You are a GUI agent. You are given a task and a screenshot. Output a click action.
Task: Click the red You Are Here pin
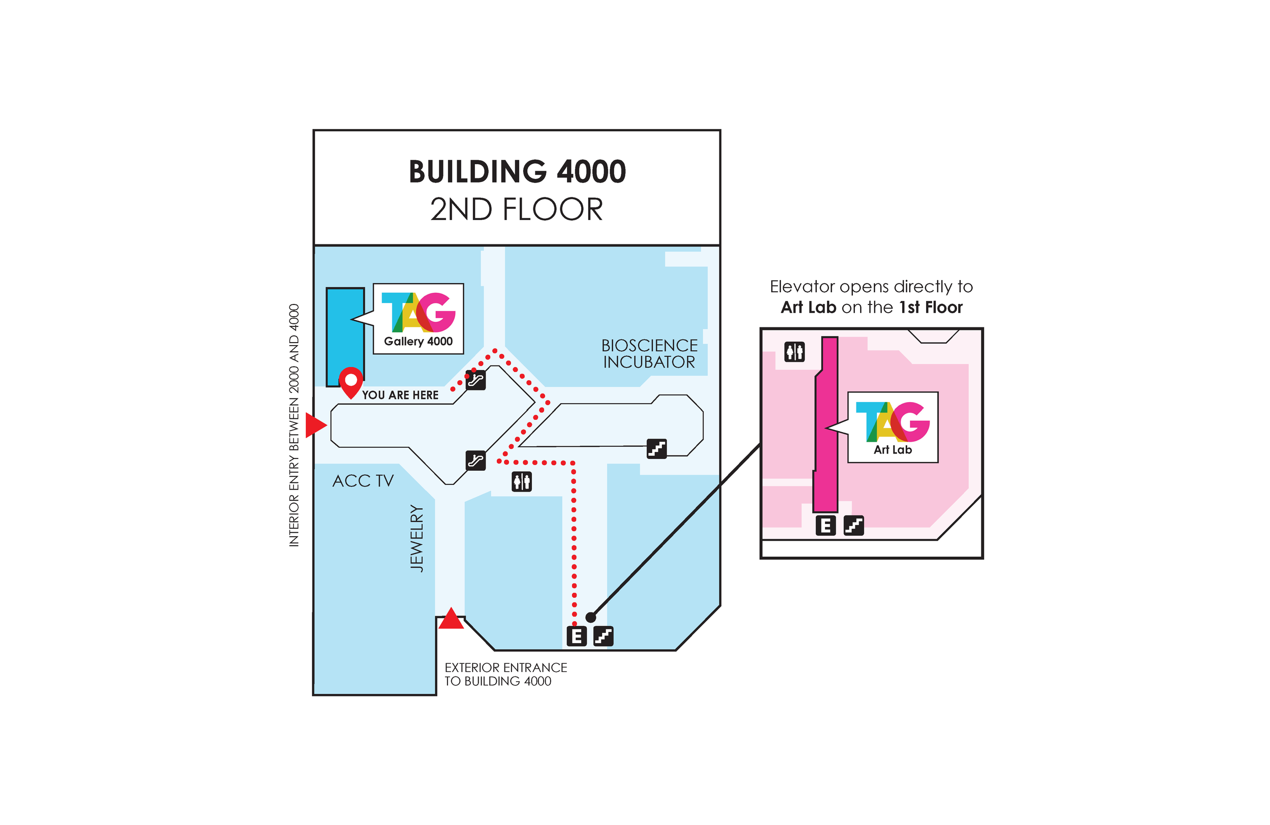(x=351, y=381)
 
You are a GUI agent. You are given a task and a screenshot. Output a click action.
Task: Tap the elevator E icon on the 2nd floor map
(x=576, y=636)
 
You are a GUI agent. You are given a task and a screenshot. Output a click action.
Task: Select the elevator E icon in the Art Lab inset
(x=825, y=526)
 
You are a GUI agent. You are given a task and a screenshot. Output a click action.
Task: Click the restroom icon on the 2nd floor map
(x=521, y=482)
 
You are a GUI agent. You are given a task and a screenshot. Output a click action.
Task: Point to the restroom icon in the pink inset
(x=794, y=352)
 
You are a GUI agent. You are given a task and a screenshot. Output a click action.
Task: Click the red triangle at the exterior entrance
(x=451, y=620)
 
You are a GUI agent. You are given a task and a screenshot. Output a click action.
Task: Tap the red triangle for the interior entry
(x=315, y=425)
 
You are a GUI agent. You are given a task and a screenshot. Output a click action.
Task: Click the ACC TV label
(x=363, y=481)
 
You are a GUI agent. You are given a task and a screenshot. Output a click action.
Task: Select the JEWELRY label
(x=417, y=538)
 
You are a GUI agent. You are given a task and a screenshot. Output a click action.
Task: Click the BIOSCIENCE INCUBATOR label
(x=649, y=353)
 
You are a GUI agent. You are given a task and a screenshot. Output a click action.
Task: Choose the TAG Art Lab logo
(x=892, y=427)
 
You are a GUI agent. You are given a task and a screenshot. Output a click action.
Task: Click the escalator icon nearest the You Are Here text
(x=475, y=380)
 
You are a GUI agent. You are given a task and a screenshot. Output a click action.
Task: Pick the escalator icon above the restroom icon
(x=475, y=461)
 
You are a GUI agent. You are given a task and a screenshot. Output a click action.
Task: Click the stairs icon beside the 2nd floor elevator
(x=603, y=636)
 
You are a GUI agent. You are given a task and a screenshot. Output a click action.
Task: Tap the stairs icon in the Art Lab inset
(x=853, y=526)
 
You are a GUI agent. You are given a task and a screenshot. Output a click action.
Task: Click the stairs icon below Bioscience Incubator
(x=656, y=448)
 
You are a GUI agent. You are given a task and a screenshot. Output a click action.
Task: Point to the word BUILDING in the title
(x=478, y=172)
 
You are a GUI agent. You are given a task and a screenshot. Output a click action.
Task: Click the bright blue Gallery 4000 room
(x=345, y=337)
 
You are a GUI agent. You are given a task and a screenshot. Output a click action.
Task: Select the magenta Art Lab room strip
(x=827, y=427)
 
